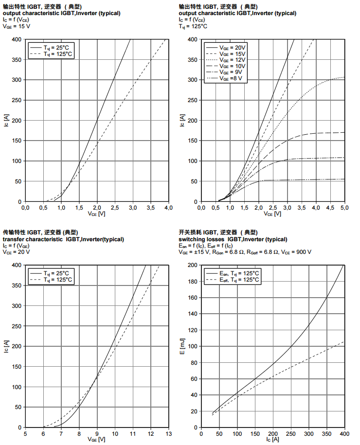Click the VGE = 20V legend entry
click(233, 47)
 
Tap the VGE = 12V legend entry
click(233, 60)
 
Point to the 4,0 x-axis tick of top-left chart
click(169, 208)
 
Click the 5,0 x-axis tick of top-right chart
click(344, 208)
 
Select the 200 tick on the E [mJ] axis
click(193, 265)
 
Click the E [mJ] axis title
click(182, 346)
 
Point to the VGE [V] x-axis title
click(96, 439)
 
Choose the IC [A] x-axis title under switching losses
click(272, 439)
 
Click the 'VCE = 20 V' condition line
click(17, 252)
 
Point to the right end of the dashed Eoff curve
click(343, 341)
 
